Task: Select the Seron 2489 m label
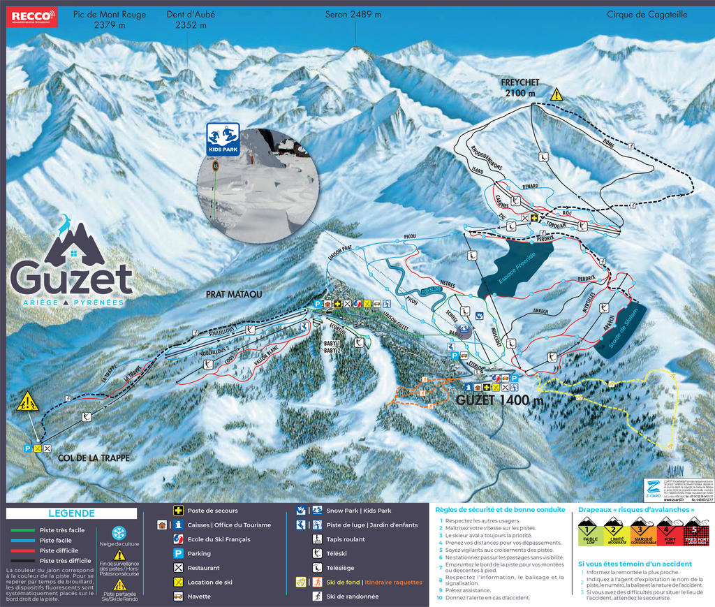coord(353,14)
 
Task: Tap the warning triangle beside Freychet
coord(556,94)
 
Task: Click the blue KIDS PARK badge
coord(223,139)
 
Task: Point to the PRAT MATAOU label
coord(234,294)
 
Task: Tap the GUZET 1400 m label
coord(500,400)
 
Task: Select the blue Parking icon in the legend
coord(179,553)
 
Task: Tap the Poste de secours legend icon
coord(179,511)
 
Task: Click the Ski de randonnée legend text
coord(353,596)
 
